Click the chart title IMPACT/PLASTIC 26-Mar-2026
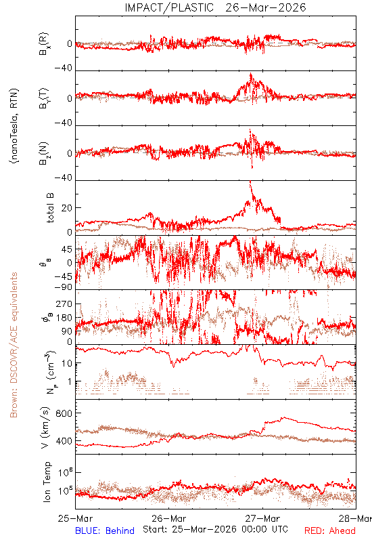click(215, 7)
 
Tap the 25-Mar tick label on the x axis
click(76, 518)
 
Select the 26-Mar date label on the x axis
click(168, 518)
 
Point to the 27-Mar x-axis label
click(262, 518)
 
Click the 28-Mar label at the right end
click(355, 518)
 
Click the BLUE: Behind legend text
click(105, 530)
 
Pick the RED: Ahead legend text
click(330, 530)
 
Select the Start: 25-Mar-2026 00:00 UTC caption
click(215, 529)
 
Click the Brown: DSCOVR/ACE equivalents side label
click(14, 345)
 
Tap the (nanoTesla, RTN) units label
click(14, 126)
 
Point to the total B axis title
click(50, 208)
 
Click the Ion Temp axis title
click(47, 482)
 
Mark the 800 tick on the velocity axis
click(64, 413)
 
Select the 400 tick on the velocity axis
click(64, 441)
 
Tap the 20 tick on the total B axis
click(67, 208)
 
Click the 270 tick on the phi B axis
click(64, 304)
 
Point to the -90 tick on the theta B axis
click(63, 287)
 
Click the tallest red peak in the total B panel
click(250, 182)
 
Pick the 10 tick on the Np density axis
click(67, 363)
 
